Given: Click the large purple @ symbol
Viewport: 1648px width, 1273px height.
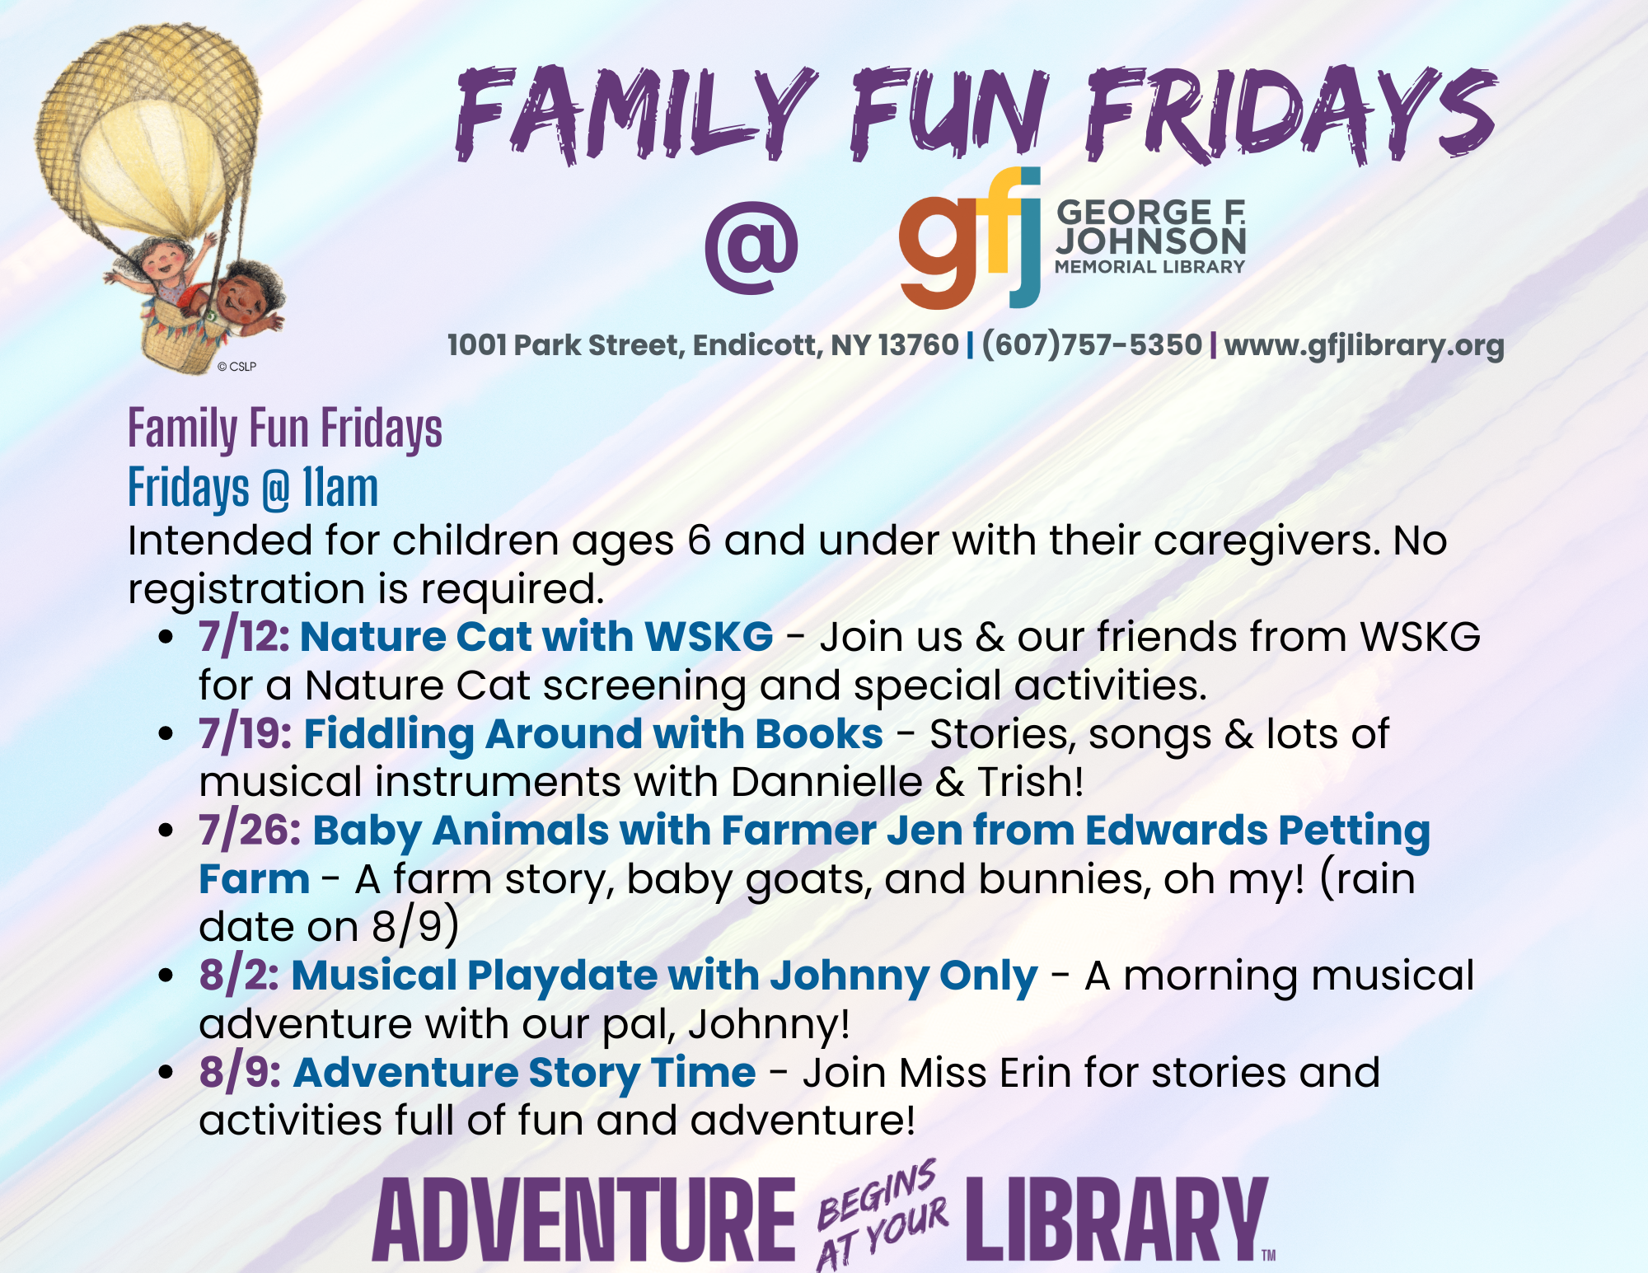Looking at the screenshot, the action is pyautogui.click(x=751, y=248).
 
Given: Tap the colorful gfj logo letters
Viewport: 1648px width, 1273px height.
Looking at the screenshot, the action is pyautogui.click(x=970, y=238).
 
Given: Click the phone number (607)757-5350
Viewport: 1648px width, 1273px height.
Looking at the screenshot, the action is pyautogui.click(x=1093, y=344).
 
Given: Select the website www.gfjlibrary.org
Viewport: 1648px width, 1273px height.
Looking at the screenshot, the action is pyautogui.click(x=1364, y=345).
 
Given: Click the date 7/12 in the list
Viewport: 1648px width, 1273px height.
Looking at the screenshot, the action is pyautogui.click(x=244, y=637).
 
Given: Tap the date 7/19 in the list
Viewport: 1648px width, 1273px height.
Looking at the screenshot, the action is pyautogui.click(x=246, y=733).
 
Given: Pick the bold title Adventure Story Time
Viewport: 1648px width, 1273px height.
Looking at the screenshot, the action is pyautogui.click(x=525, y=1073).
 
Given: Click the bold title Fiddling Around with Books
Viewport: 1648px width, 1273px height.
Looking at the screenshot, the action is pyautogui.click(x=593, y=734).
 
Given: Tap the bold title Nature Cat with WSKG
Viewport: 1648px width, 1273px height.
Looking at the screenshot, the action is pyautogui.click(x=536, y=637).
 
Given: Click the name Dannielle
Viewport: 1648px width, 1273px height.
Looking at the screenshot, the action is pyautogui.click(x=826, y=782).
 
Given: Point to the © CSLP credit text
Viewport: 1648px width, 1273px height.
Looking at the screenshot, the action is pyautogui.click(x=237, y=367).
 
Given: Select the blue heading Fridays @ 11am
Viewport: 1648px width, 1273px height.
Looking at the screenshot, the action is pyautogui.click(x=253, y=488).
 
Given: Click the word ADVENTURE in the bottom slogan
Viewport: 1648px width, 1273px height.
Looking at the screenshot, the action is pyautogui.click(x=584, y=1219).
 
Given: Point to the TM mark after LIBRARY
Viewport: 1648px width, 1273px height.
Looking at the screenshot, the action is pyautogui.click(x=1269, y=1255).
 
